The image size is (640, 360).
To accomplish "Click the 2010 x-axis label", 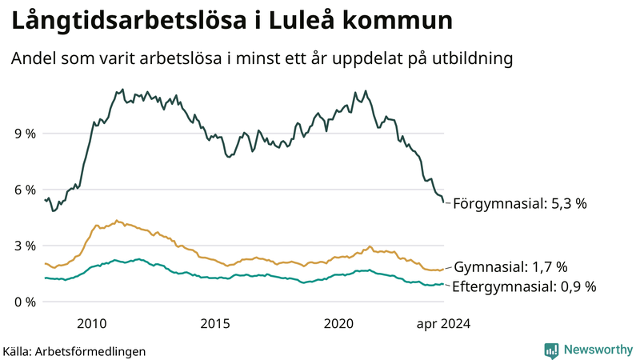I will tap(91, 323).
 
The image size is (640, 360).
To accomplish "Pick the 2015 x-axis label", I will tap(215, 323).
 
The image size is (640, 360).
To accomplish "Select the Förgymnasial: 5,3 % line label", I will tap(520, 204).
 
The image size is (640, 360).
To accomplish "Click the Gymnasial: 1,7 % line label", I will tap(510, 267).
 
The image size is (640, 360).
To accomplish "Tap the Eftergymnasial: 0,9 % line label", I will tap(525, 286).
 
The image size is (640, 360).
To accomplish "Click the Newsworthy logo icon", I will tap(551, 350).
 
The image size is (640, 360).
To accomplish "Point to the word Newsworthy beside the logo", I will tap(598, 350).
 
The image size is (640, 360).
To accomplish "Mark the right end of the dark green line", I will tap(445, 202).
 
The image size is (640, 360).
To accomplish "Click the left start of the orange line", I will tap(45, 263).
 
